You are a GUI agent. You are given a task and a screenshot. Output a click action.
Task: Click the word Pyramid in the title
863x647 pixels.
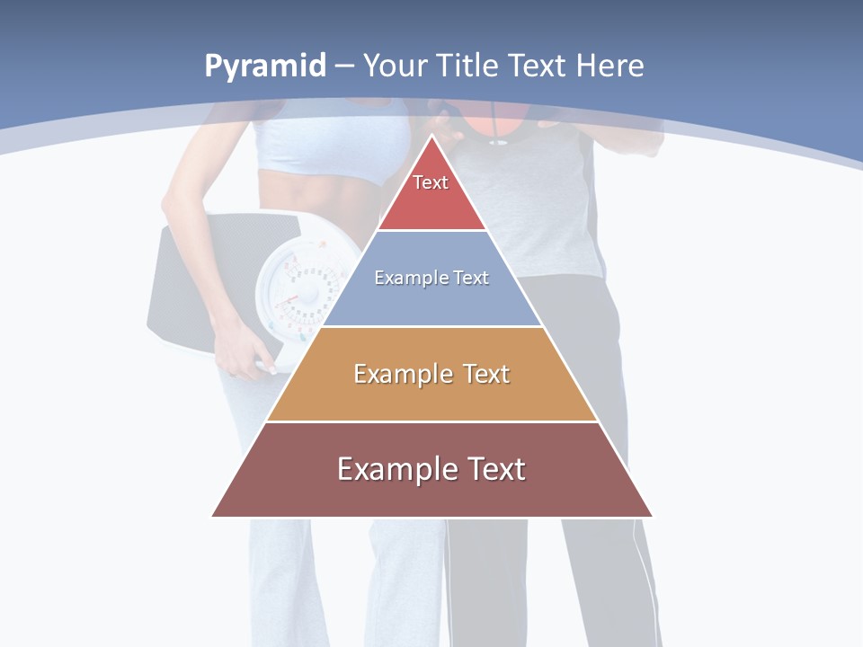[264, 66]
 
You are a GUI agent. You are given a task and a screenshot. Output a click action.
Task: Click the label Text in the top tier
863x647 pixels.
[431, 182]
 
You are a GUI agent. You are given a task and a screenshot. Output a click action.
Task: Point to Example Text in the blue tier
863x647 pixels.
[431, 278]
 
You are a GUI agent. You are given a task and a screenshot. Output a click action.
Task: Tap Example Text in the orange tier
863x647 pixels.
[431, 374]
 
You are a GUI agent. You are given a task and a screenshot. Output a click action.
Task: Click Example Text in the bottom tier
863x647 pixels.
[431, 469]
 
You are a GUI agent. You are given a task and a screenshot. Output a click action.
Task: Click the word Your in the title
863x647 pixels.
[396, 66]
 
